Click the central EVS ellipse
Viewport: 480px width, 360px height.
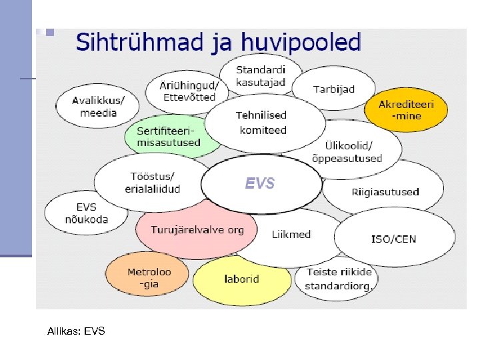coord(260,184)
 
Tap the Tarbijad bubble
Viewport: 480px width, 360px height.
coord(333,89)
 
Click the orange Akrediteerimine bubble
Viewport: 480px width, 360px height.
coord(406,110)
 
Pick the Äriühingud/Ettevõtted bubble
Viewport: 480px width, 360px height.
coord(188,91)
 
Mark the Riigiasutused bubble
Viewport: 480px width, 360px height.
coord(385,192)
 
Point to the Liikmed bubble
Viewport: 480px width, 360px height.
coord(291,235)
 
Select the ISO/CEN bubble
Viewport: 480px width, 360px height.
coord(393,238)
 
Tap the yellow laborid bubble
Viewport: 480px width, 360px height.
coord(241,279)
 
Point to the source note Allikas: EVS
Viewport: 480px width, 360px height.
coord(76,331)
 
